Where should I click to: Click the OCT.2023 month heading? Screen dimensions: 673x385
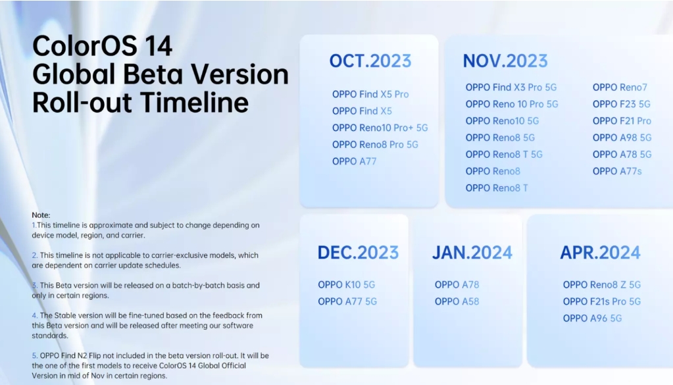click(370, 61)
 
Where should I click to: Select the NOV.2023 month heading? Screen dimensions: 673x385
click(505, 61)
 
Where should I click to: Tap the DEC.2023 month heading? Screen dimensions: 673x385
click(358, 252)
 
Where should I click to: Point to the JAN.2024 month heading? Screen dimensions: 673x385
click(472, 252)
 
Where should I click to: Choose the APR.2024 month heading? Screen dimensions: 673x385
click(600, 252)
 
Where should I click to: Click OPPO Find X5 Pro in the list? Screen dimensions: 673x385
click(370, 94)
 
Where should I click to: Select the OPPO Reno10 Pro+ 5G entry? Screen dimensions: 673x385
click(380, 128)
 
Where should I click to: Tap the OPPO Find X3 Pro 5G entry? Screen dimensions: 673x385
click(511, 87)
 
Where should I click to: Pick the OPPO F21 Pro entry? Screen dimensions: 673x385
click(622, 120)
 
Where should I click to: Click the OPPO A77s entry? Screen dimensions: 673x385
click(617, 171)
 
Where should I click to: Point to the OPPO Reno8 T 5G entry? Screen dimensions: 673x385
click(504, 154)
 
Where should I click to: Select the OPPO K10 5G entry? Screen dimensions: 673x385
click(347, 284)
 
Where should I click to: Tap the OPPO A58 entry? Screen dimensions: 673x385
click(457, 301)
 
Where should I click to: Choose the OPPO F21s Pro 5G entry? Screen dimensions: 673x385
click(602, 301)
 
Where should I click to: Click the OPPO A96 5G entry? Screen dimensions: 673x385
click(592, 318)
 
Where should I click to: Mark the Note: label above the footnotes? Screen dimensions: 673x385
click(41, 215)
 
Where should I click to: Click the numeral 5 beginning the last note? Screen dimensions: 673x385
click(34, 355)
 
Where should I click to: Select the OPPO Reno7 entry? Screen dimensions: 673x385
click(620, 87)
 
